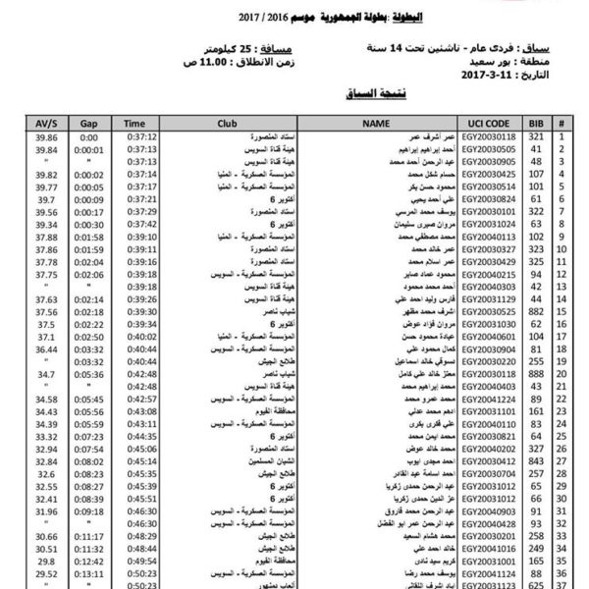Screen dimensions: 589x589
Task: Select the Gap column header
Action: coord(90,125)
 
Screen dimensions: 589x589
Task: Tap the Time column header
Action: coord(134,125)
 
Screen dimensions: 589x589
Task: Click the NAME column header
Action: coord(377,125)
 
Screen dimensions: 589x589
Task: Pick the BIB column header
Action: coord(536,125)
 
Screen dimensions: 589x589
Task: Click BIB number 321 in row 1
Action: coord(536,138)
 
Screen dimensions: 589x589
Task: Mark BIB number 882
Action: coord(536,310)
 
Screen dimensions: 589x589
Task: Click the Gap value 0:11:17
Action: coord(90,536)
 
